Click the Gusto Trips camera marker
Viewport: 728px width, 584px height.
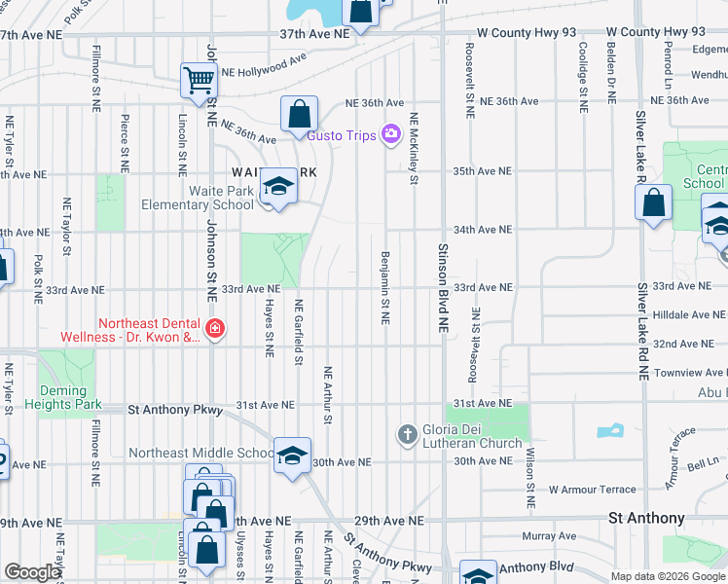[391, 134]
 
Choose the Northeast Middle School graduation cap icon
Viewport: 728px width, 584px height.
[292, 456]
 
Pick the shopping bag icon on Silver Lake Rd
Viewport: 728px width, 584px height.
[654, 203]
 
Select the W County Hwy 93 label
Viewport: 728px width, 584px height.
[644, 32]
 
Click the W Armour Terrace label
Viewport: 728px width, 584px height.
[592, 490]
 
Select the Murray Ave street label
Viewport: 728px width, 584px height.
[549, 536]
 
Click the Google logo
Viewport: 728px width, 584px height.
[31, 572]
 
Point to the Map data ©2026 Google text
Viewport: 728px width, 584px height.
[667, 576]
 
